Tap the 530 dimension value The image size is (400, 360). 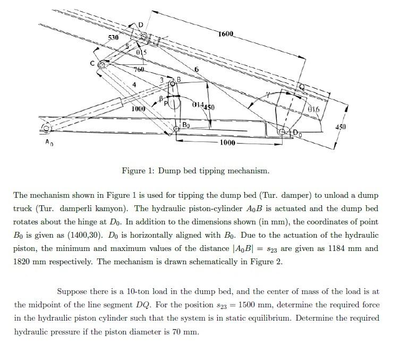pos(113,38)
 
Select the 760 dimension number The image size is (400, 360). pos(139,70)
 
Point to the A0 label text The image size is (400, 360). pos(49,142)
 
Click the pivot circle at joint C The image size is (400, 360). pos(102,65)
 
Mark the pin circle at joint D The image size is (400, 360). pos(143,36)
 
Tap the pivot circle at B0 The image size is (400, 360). pos(177,128)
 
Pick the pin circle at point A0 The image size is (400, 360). pos(46,128)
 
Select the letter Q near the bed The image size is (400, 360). pos(302,86)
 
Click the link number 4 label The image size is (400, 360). pos(134,85)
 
